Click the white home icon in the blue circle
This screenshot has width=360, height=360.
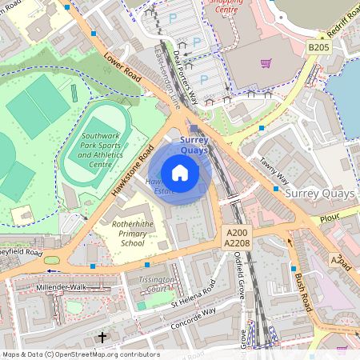point(180,173)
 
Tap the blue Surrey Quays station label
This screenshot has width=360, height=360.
point(194,145)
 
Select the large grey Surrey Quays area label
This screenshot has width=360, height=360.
point(311,193)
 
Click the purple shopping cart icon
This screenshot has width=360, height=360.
point(266,63)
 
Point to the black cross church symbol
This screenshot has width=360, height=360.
point(102,338)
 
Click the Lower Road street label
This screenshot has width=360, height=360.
point(121,70)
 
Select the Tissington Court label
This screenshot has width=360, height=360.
point(155,285)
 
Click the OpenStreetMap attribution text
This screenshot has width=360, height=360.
point(80,354)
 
